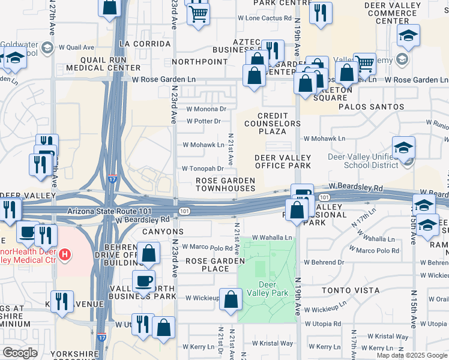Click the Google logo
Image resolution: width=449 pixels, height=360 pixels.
pos(20,353)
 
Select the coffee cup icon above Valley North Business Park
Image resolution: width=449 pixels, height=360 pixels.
pos(144,281)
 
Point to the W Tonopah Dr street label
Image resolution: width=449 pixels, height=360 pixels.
pos(203,169)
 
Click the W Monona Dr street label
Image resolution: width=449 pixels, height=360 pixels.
pos(206,109)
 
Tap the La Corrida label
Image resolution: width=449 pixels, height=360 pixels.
pos(141,44)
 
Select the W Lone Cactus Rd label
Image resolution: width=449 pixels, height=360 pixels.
pos(265,19)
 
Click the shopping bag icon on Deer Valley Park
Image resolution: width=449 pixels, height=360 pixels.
pos(231,300)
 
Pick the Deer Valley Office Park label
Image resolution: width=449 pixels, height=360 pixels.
pos(283,161)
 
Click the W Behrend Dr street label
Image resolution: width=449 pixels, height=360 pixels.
pos(324,262)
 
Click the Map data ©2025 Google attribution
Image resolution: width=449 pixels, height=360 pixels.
pos(412,355)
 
